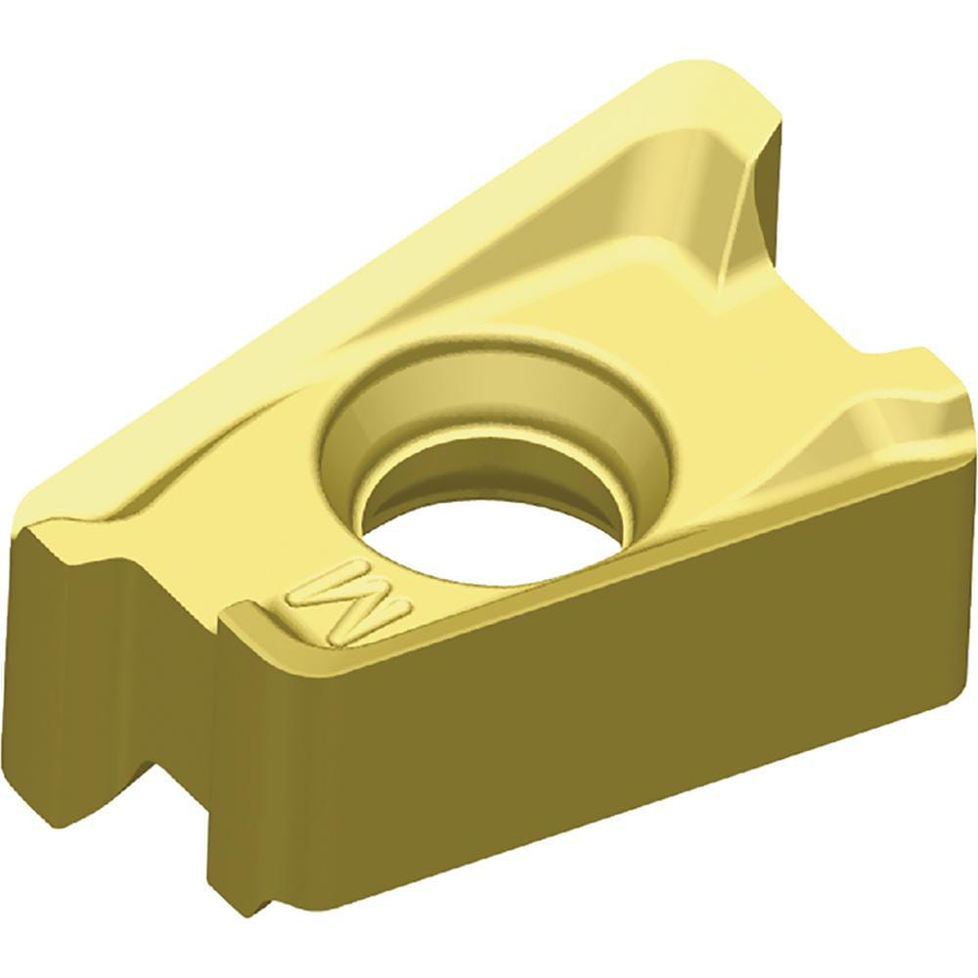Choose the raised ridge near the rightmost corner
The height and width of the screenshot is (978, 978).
tap(880, 411)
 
